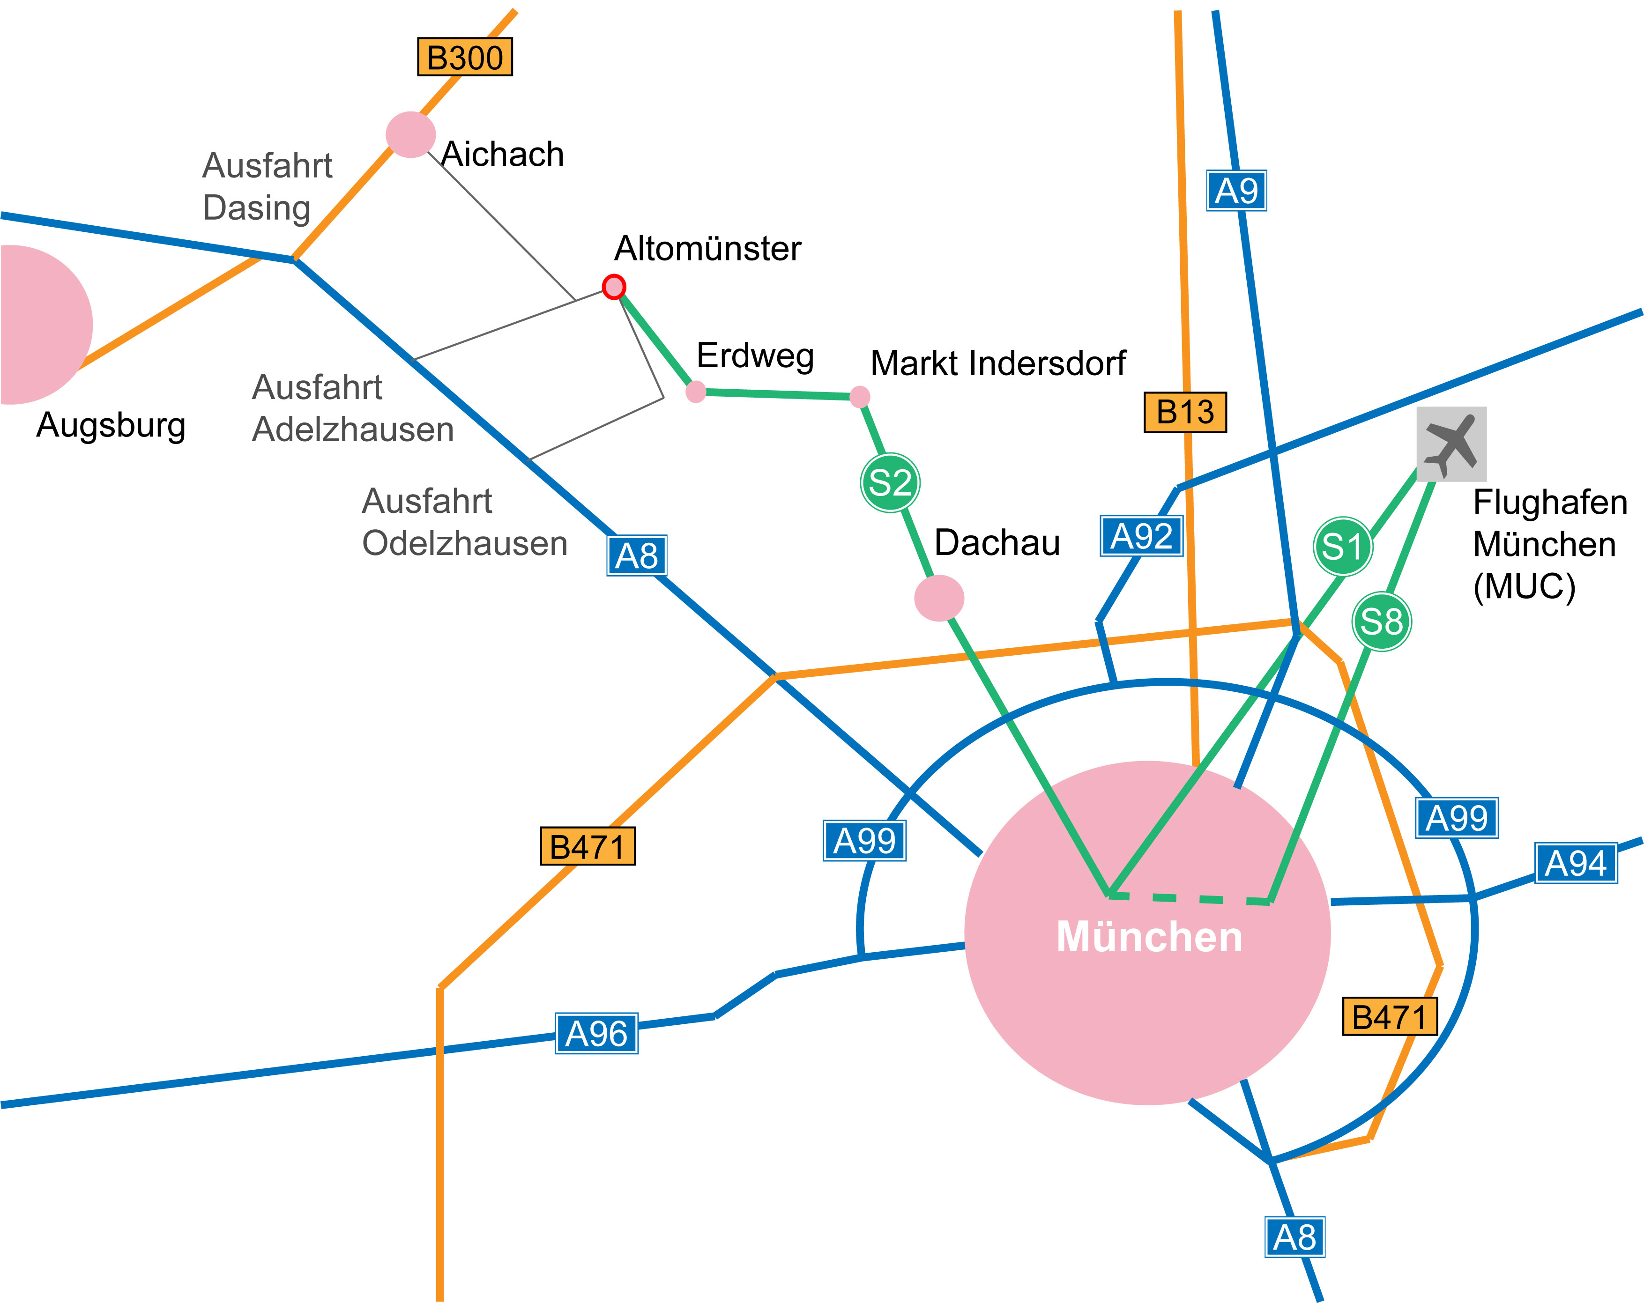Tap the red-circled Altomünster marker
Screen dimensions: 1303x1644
click(614, 287)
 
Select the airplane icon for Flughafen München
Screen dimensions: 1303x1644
click(1451, 444)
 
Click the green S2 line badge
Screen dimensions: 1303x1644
click(890, 482)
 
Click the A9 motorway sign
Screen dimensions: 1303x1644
click(1236, 191)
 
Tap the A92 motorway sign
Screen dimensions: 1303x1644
click(1141, 536)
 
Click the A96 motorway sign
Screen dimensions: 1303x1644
click(596, 1034)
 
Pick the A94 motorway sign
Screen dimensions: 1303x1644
click(1576, 864)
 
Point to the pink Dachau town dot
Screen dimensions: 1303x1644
click(939, 598)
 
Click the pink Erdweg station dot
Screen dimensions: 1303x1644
click(695, 392)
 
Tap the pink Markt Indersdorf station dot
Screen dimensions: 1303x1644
click(859, 396)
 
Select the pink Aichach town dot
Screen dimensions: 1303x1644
click(410, 135)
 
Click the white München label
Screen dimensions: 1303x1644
click(1149, 936)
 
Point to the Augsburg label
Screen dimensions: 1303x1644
click(112, 425)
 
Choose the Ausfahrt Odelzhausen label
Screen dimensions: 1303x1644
click(464, 522)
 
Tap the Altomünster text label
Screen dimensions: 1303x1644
click(707, 249)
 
